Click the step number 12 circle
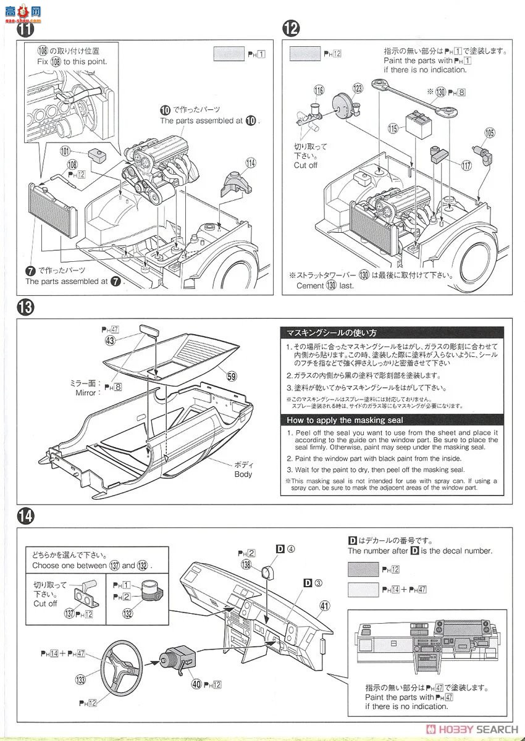(291, 28)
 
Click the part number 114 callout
(250, 163)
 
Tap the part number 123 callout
(357, 88)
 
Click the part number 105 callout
(489, 132)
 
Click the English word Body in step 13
(243, 474)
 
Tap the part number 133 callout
(80, 679)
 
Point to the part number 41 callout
(325, 605)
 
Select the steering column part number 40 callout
(196, 684)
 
